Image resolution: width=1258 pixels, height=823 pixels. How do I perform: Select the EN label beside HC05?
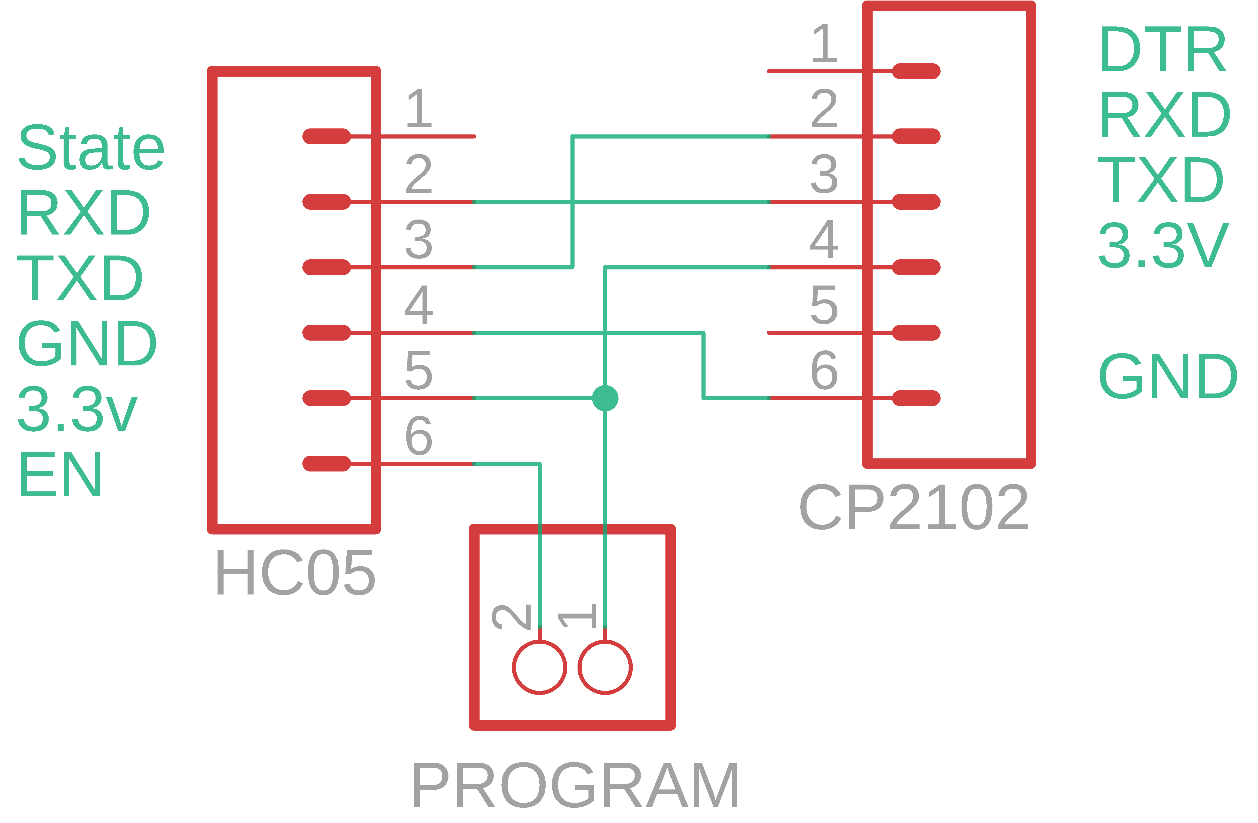pos(60,474)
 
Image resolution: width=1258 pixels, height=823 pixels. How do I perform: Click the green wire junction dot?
pos(605,398)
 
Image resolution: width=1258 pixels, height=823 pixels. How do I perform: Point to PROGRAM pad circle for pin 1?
pos(605,667)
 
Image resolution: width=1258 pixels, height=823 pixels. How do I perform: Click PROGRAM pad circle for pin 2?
pos(539,667)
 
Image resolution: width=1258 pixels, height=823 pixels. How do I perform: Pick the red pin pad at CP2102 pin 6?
pos(916,398)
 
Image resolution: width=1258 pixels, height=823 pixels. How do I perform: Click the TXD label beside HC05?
pos(79,278)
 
